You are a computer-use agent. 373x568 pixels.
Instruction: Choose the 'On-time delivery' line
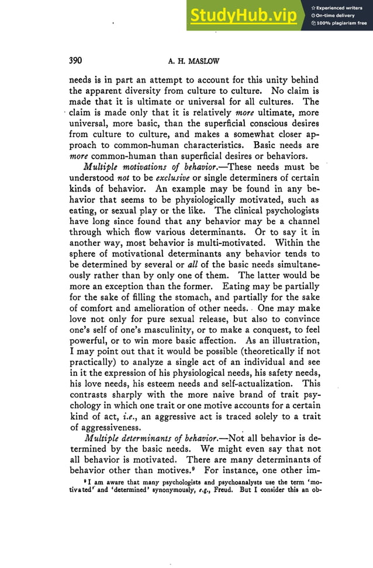point(336,15)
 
